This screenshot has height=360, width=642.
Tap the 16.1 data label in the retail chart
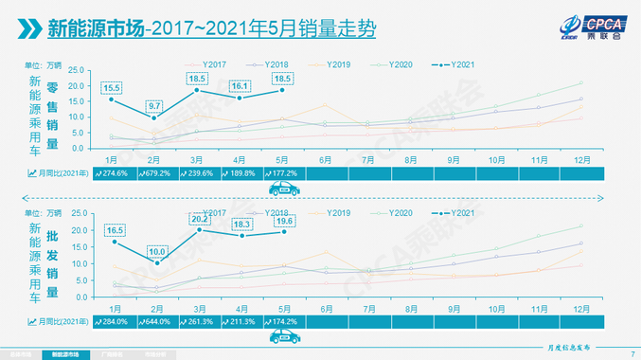(x=240, y=85)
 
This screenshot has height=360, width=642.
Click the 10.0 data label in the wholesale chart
(x=155, y=251)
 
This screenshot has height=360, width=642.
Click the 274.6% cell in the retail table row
(x=114, y=173)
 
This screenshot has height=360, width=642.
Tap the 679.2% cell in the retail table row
(x=155, y=173)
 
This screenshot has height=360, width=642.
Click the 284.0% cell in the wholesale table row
(x=114, y=322)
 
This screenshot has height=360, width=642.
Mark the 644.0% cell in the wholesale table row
(x=155, y=322)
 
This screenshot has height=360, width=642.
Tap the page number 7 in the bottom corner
(x=632, y=354)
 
